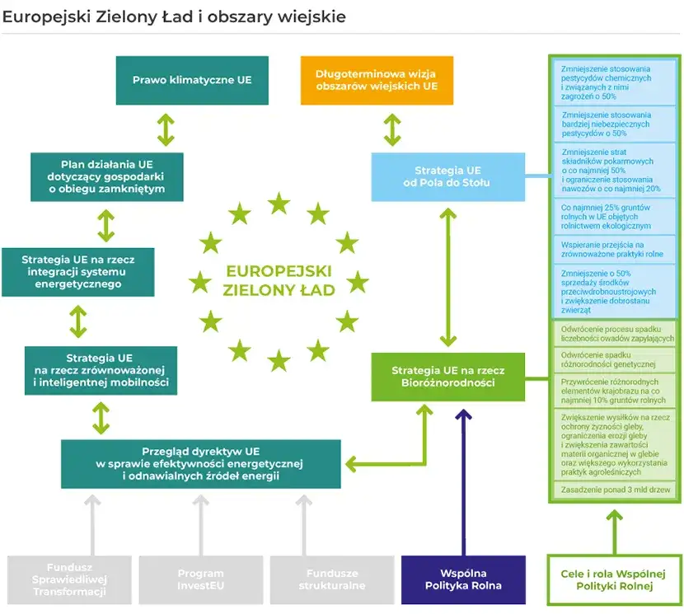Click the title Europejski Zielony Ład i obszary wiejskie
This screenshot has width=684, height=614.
(174, 16)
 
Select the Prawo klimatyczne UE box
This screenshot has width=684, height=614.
(192, 81)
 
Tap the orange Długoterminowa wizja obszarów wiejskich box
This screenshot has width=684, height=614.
(377, 81)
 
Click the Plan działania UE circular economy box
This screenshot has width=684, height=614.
(107, 176)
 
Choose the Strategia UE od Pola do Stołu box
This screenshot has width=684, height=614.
(447, 176)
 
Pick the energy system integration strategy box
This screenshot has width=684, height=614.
(78, 272)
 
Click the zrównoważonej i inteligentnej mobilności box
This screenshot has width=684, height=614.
(101, 371)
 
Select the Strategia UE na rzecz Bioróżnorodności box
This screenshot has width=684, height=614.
(447, 377)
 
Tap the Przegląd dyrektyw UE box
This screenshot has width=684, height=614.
(200, 464)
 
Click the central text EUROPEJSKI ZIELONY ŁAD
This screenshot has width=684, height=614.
(279, 280)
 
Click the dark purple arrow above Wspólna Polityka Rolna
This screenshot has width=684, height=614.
(462, 478)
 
